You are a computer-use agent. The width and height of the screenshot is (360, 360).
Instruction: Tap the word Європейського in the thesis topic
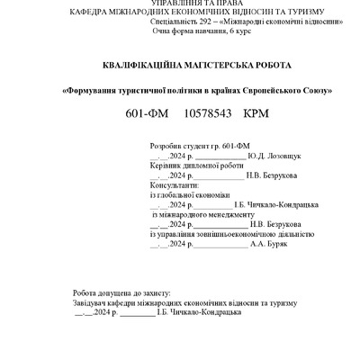[x=263, y=91]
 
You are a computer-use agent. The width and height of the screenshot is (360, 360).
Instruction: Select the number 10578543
[x=209, y=116]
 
